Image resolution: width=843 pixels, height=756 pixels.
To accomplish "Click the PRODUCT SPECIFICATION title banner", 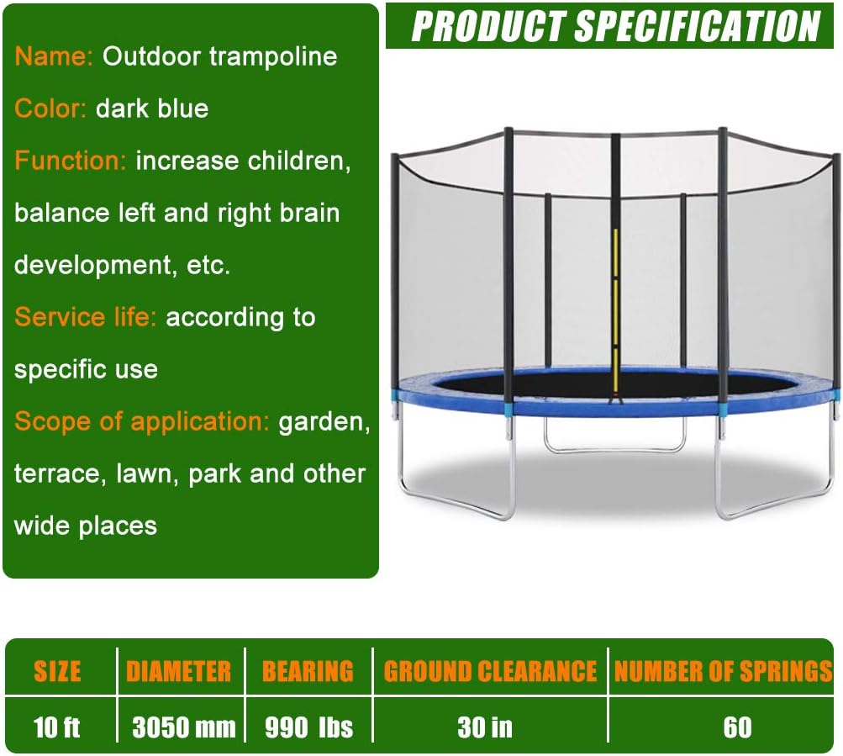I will [614, 27].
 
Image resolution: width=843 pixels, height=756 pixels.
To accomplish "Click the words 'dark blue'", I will [152, 108].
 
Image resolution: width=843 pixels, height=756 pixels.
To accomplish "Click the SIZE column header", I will [57, 671].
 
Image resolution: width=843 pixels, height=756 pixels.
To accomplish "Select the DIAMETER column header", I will [178, 671].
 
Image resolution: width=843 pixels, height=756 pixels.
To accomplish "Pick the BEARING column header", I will [308, 671].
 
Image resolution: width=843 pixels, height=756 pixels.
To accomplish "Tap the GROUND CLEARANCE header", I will [490, 671].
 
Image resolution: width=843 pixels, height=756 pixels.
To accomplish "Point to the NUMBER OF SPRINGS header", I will [723, 671].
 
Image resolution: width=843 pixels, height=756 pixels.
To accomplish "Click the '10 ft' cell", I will [57, 727].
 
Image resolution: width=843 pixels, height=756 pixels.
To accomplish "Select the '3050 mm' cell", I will [183, 727].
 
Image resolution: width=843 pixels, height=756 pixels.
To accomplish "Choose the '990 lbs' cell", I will [308, 727].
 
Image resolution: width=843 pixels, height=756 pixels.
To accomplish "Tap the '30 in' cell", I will [485, 727].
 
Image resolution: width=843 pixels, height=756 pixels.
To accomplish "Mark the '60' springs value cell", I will [737, 727].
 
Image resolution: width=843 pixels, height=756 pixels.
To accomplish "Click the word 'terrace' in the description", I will [55, 473].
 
